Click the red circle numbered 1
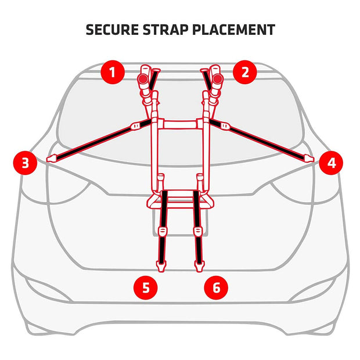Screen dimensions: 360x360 113,73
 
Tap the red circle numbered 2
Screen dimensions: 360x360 246,73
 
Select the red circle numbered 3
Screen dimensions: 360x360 25,163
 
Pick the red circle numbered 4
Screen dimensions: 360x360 331,163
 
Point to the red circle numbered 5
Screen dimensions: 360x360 146,287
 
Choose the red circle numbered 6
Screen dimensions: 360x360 216,287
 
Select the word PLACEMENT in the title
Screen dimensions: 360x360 238,30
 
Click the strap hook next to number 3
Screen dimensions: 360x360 51,158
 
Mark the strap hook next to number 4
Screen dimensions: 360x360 308,158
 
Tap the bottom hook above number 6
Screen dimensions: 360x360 199,265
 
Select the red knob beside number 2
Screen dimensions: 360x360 217,78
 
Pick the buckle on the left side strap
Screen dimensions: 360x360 137,125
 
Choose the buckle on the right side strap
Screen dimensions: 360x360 224,125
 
